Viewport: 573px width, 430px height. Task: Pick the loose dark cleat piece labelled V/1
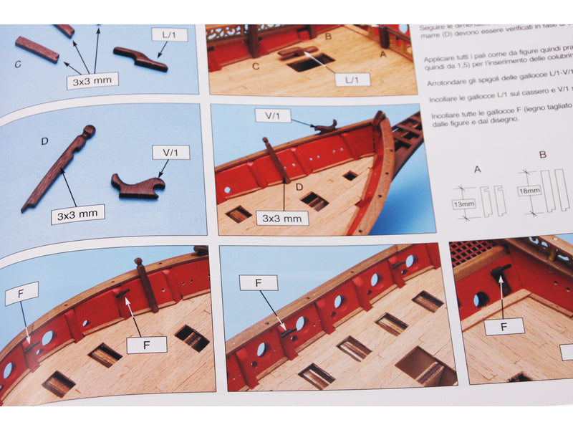tap(137, 186)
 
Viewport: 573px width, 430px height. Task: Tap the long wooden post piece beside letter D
tap(57, 168)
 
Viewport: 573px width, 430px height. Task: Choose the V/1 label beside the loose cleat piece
tap(170, 152)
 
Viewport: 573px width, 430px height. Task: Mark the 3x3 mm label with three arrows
tap(92, 81)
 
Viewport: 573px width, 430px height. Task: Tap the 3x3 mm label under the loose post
tap(77, 213)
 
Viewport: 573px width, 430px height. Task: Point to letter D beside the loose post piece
tap(44, 141)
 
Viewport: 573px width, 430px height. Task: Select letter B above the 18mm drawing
tap(542, 154)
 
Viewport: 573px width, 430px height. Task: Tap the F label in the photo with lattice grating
tap(505, 327)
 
